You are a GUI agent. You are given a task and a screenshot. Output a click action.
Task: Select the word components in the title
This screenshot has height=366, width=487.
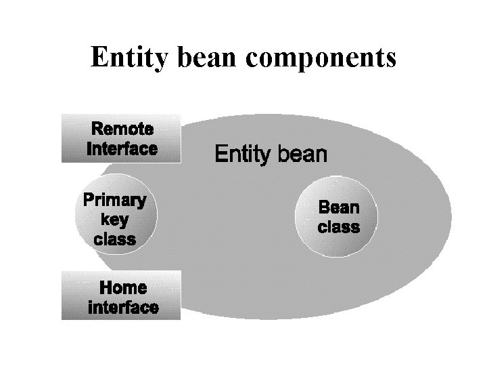[322, 59]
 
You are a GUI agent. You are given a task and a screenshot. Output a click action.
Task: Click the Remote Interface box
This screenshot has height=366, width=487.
[122, 138]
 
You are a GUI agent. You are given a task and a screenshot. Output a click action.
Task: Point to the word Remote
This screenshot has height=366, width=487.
[122, 128]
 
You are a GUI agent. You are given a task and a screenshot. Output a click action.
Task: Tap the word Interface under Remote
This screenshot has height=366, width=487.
[122, 148]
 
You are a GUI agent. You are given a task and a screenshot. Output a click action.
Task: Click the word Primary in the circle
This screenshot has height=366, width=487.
[114, 200]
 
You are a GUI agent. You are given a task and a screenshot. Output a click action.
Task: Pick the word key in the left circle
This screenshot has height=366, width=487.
[115, 219]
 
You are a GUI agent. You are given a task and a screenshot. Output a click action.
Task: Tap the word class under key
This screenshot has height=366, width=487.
[115, 239]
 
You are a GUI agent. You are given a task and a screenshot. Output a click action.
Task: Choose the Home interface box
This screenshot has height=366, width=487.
[122, 296]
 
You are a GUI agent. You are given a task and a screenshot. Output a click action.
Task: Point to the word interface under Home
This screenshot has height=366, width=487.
[123, 307]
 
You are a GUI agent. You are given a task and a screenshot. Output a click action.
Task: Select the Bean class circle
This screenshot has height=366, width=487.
[338, 217]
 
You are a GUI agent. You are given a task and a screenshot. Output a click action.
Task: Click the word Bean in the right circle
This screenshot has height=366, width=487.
[338, 206]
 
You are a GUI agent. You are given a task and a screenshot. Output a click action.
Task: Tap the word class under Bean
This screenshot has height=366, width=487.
[338, 226]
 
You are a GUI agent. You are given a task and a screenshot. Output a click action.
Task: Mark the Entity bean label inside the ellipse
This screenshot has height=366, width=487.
[271, 155]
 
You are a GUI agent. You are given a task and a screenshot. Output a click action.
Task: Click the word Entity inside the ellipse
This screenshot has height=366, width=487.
[241, 155]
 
